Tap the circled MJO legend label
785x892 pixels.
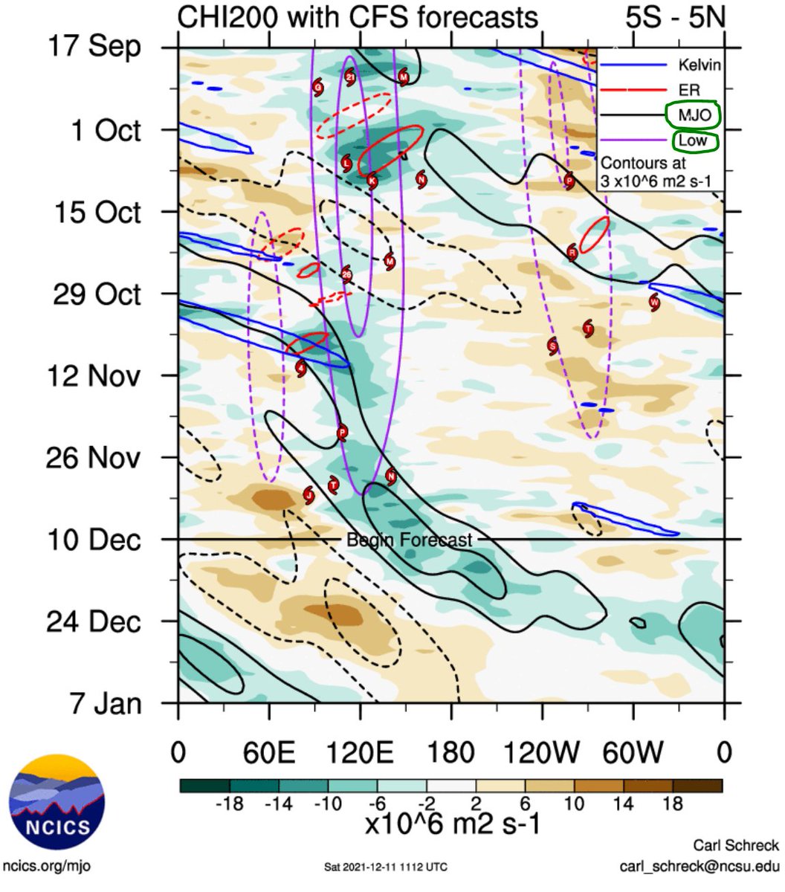(x=693, y=115)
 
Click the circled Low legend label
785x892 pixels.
(x=691, y=140)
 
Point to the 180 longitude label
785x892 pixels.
(x=451, y=752)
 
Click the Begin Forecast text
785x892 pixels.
(x=409, y=540)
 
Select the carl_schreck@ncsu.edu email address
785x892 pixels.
(x=699, y=867)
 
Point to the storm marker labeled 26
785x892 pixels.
(x=346, y=275)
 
